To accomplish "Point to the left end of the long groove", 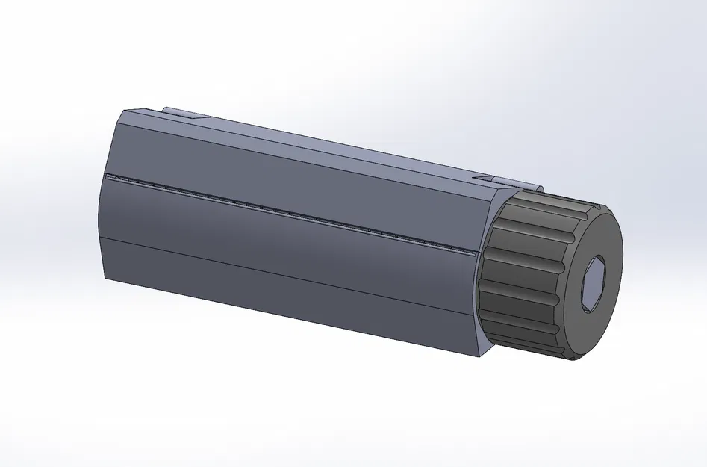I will [x=108, y=176].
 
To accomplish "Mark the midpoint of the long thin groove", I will [x=291, y=214].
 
